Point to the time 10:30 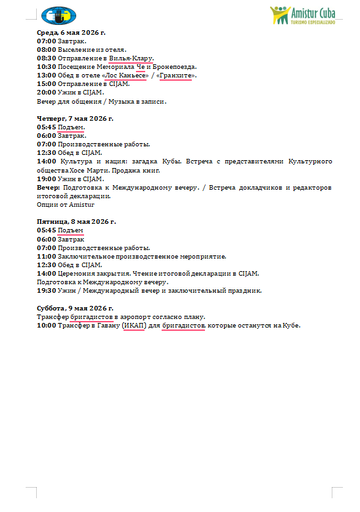47,65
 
